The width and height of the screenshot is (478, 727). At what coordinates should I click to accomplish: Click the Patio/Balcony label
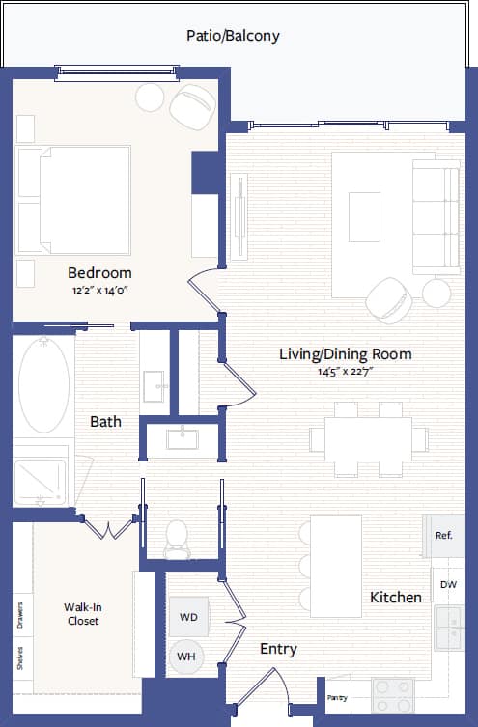coord(233,36)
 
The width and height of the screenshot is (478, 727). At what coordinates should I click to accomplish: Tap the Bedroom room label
coord(99,272)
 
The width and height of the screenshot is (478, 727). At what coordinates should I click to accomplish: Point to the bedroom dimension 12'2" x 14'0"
coord(99,290)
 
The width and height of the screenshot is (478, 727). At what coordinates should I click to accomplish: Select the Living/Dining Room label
coord(345,354)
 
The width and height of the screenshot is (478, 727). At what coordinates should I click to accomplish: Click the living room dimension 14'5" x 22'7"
coord(345,372)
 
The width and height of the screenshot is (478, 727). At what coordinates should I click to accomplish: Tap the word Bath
coord(105,421)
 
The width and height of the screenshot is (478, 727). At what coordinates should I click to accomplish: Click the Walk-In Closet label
coord(83,614)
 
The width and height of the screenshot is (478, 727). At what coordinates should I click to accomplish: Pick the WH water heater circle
coord(185,657)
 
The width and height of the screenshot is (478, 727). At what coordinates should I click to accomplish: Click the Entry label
coord(278,649)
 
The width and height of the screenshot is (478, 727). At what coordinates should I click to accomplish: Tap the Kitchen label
coord(396,598)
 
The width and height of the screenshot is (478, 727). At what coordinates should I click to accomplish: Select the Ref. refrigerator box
coord(444,535)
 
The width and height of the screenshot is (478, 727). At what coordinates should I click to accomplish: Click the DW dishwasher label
coord(448,585)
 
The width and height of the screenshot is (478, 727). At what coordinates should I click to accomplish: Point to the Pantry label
coord(337,697)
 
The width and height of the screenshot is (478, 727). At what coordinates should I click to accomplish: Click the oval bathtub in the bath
coord(44,384)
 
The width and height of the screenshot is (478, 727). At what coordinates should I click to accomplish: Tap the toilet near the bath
coord(177,539)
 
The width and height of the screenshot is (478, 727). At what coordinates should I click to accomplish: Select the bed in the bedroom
coord(75,198)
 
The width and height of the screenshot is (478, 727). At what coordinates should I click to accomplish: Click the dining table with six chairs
coord(368,439)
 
